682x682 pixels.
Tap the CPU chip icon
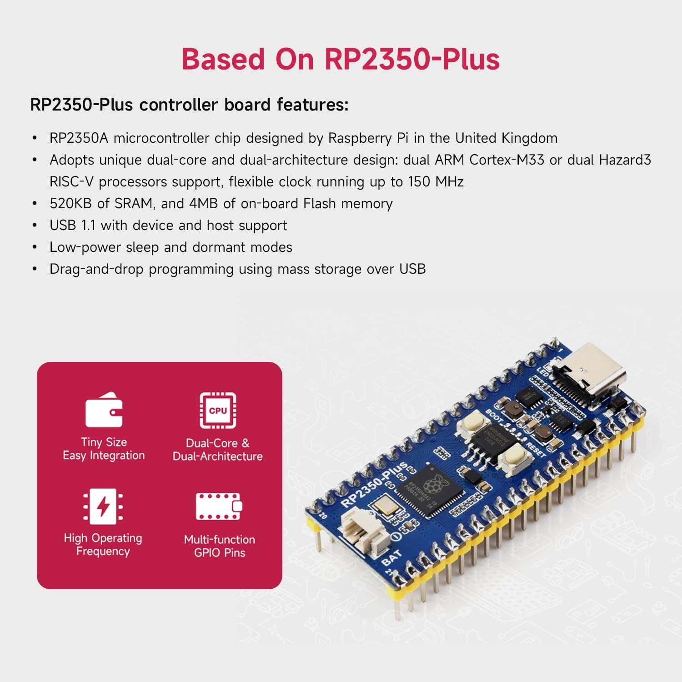218,410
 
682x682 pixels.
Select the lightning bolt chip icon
103,506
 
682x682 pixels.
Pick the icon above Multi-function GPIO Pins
219,506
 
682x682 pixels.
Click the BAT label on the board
391,557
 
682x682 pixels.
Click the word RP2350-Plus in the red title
412,59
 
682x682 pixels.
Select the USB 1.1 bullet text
168,226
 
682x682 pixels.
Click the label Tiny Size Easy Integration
104,449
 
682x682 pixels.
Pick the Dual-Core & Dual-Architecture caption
218,450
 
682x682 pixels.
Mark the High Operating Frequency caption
103,545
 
